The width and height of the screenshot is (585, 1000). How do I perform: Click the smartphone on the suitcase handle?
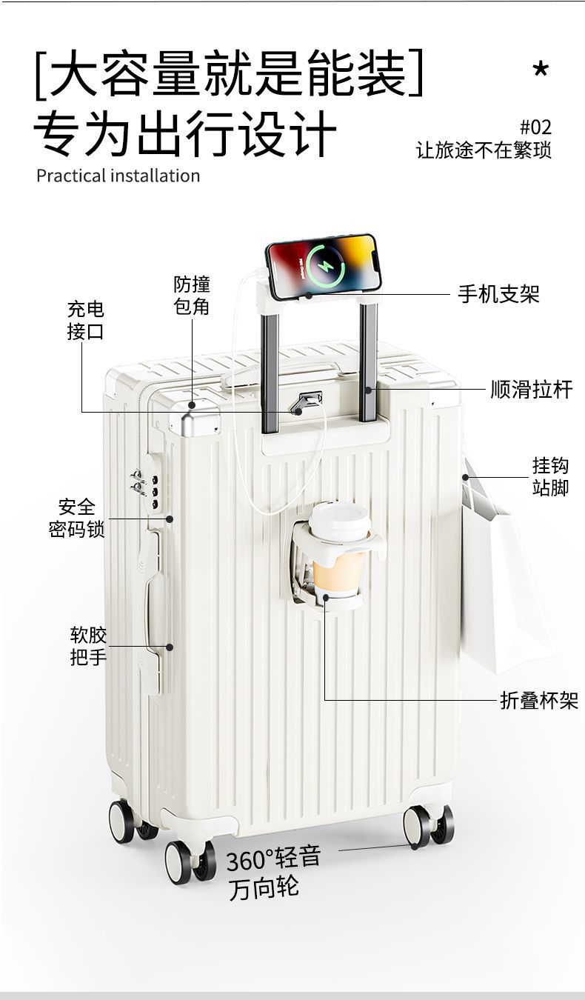point(322,267)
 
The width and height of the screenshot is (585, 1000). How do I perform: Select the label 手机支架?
point(498,295)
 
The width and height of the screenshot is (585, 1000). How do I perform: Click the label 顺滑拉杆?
point(532,390)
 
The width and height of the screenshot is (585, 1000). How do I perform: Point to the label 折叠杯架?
point(538,700)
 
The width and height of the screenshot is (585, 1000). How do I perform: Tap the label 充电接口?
point(86,320)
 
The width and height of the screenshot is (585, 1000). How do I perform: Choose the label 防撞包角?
point(192,295)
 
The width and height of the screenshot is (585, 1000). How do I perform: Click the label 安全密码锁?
point(77,518)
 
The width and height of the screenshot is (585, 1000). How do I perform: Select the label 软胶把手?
point(88,645)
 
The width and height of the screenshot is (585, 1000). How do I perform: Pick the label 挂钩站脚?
point(549,476)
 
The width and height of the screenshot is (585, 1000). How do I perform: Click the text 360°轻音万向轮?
point(273,873)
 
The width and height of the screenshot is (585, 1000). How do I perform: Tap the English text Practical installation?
point(118,176)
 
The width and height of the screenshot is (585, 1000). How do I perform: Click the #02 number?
point(535,127)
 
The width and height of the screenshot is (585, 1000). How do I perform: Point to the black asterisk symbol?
point(541,70)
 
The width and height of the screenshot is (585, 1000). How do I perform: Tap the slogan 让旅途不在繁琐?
point(484,150)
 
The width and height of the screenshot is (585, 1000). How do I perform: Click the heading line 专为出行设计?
point(185,134)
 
